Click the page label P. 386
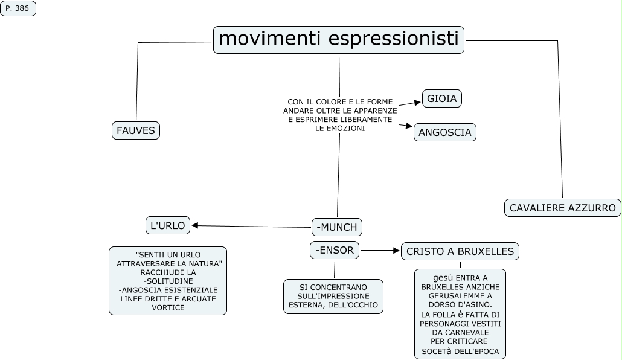click(18, 8)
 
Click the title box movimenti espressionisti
click(339, 39)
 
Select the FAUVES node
click(136, 130)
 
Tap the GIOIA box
click(442, 98)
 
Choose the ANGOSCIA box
click(445, 132)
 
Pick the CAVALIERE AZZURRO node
click(562, 208)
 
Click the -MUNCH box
click(337, 227)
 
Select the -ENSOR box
click(335, 250)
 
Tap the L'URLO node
click(168, 225)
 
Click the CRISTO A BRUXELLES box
click(460, 251)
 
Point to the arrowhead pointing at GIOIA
click(417, 101)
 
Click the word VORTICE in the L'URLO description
click(168, 307)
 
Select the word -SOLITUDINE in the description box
click(168, 281)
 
